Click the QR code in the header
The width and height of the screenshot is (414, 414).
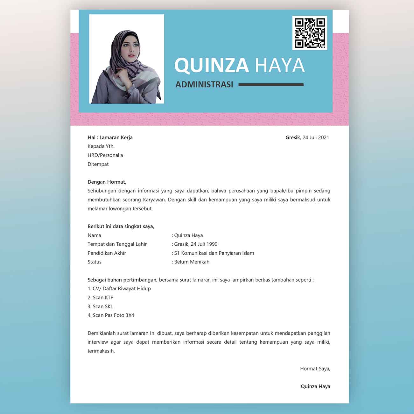pos(310,33)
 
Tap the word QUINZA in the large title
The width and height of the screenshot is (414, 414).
pos(212,65)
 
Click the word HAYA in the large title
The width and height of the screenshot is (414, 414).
pos(280,65)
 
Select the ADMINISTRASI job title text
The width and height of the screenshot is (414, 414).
pos(204,85)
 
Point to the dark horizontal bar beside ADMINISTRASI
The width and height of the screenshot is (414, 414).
pos(271,85)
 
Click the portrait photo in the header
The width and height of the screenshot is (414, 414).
pos(127,59)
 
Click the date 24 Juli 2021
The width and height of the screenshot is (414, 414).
pos(316,137)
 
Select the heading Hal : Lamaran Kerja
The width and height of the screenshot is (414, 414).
pos(110,137)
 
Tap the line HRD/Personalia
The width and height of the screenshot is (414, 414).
pos(105,155)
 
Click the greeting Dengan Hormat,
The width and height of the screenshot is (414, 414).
pos(107,182)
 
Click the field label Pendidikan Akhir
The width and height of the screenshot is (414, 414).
pos(107,253)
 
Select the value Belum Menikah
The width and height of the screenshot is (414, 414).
pos(192,262)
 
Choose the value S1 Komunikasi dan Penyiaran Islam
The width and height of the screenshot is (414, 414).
pos(214,253)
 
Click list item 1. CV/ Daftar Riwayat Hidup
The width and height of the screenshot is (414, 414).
pos(119,289)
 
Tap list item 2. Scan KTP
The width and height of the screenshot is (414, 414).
pos(101,298)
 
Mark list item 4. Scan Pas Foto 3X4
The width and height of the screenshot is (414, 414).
pos(111,315)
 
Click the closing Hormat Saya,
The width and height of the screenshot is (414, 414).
pos(315,369)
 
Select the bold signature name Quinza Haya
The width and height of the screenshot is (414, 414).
pos(315,386)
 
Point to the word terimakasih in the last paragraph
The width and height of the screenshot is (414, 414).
pos(101,351)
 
